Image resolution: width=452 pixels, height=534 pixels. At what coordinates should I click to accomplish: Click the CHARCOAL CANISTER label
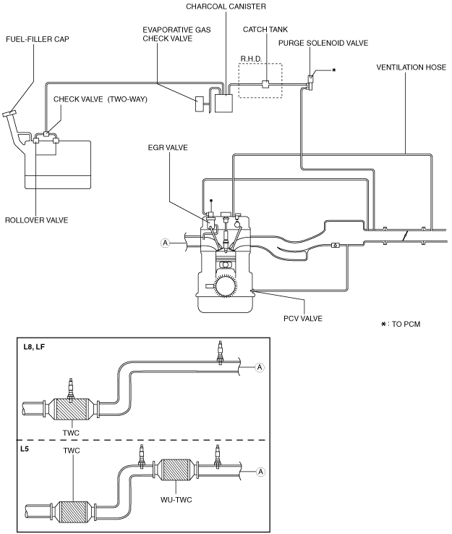coord(226,7)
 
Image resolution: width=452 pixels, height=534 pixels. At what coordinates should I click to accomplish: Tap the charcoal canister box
coord(223,103)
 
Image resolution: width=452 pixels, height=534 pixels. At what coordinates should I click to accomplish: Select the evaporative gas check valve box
coord(199,104)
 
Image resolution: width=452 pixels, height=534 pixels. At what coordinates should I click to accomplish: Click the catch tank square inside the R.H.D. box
coord(265,84)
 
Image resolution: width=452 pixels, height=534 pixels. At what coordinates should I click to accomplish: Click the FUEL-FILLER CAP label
coord(38,39)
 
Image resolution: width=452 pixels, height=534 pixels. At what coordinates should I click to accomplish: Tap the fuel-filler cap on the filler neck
coord(9,114)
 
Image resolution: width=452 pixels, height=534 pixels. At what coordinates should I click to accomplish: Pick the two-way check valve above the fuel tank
coord(47,133)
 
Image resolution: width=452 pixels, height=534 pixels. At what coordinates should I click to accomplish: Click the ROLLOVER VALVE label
coord(36,220)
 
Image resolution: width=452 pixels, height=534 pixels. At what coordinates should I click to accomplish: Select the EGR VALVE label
coord(168,148)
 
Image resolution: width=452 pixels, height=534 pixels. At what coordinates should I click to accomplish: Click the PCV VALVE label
coord(303,318)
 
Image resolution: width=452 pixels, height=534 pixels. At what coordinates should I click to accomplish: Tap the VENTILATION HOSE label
coord(412,67)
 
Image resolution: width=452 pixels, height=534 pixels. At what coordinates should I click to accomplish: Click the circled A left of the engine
coord(165,243)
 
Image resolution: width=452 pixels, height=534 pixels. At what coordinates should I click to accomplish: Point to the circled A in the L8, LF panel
coord(260,367)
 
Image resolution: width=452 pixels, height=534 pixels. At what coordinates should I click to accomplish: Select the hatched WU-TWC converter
coord(176,470)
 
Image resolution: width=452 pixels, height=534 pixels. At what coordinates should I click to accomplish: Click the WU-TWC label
coord(176,500)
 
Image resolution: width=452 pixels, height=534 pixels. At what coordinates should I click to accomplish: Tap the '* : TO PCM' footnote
coord(401,324)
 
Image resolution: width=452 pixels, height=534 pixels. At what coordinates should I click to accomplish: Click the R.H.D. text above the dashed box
coord(251,59)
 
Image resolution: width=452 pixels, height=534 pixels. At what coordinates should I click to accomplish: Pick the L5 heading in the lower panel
coord(25,449)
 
